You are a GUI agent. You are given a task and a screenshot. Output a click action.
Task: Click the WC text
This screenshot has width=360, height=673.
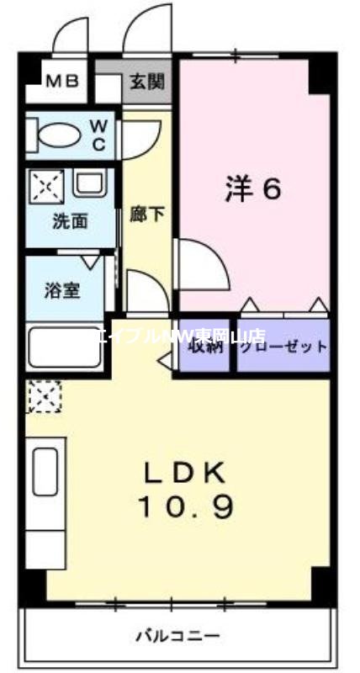tap(98, 135)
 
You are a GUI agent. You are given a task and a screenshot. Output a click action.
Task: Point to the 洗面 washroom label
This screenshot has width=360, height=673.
tap(71, 222)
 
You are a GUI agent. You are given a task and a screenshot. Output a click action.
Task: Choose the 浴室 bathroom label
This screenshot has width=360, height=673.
tap(61, 291)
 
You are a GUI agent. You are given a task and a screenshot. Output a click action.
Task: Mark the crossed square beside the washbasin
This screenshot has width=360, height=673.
tap(44, 185)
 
